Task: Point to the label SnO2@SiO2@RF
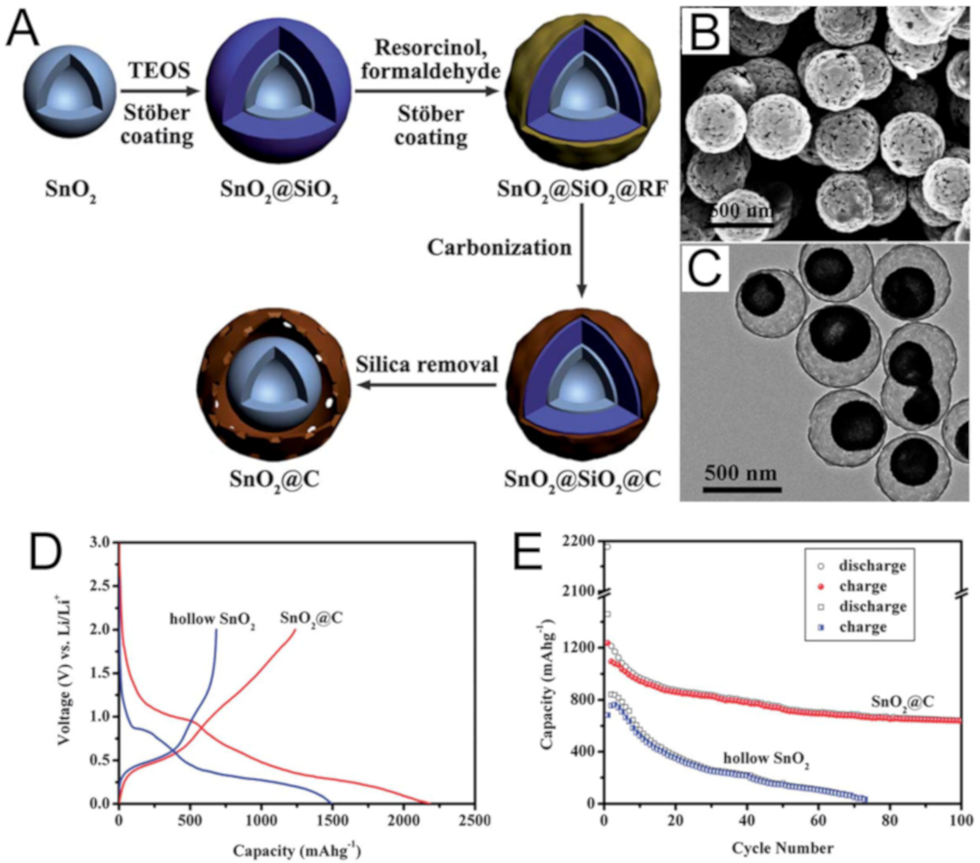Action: click(x=582, y=190)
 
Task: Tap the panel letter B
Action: click(x=705, y=30)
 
